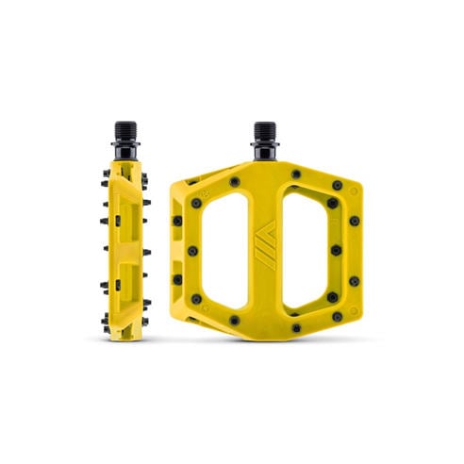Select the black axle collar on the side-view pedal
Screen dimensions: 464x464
(127, 150)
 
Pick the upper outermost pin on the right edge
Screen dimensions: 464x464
(354, 221)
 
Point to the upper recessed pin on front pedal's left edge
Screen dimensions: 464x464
(176, 220)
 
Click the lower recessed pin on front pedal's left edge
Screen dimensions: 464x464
(176, 279)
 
